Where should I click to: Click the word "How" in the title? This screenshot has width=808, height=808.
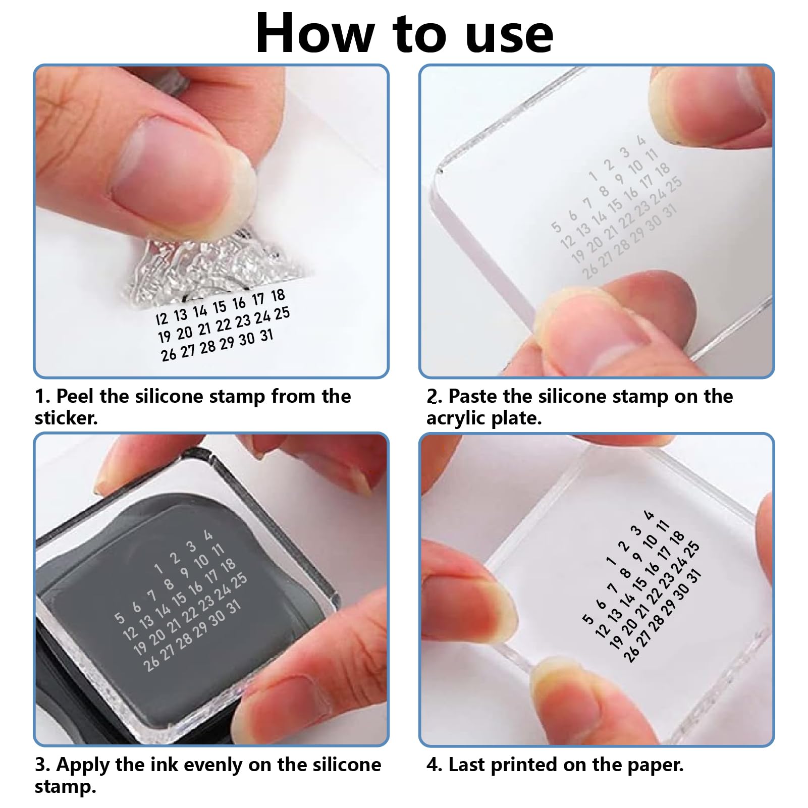(315, 33)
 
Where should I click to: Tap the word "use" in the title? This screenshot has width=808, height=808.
(509, 36)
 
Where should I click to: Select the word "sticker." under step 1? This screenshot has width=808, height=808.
(66, 418)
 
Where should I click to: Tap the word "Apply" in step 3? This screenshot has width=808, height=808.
(83, 765)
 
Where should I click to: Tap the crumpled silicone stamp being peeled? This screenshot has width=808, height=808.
(212, 267)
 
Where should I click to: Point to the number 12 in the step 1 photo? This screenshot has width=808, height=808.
(161, 318)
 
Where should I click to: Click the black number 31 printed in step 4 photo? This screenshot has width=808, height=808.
(694, 575)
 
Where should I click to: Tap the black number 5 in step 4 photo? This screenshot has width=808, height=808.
(587, 619)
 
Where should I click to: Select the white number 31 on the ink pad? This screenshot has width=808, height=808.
(234, 608)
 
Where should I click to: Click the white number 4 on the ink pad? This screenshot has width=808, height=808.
(208, 535)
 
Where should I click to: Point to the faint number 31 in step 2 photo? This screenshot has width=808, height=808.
(670, 211)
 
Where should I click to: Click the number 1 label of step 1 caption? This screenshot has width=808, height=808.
(41, 396)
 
